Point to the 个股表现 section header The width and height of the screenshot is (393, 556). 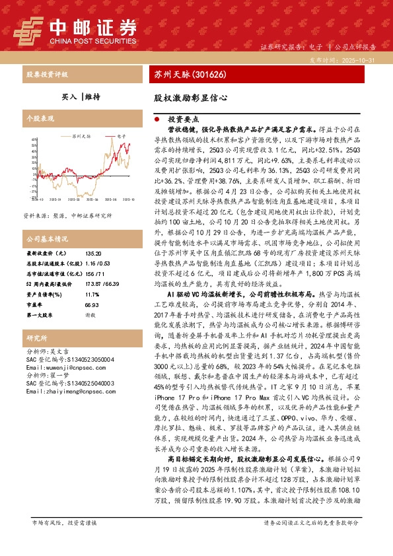coord(40,118)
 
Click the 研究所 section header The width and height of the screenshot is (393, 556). coord(36,338)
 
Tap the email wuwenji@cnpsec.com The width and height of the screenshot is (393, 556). coord(57,367)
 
